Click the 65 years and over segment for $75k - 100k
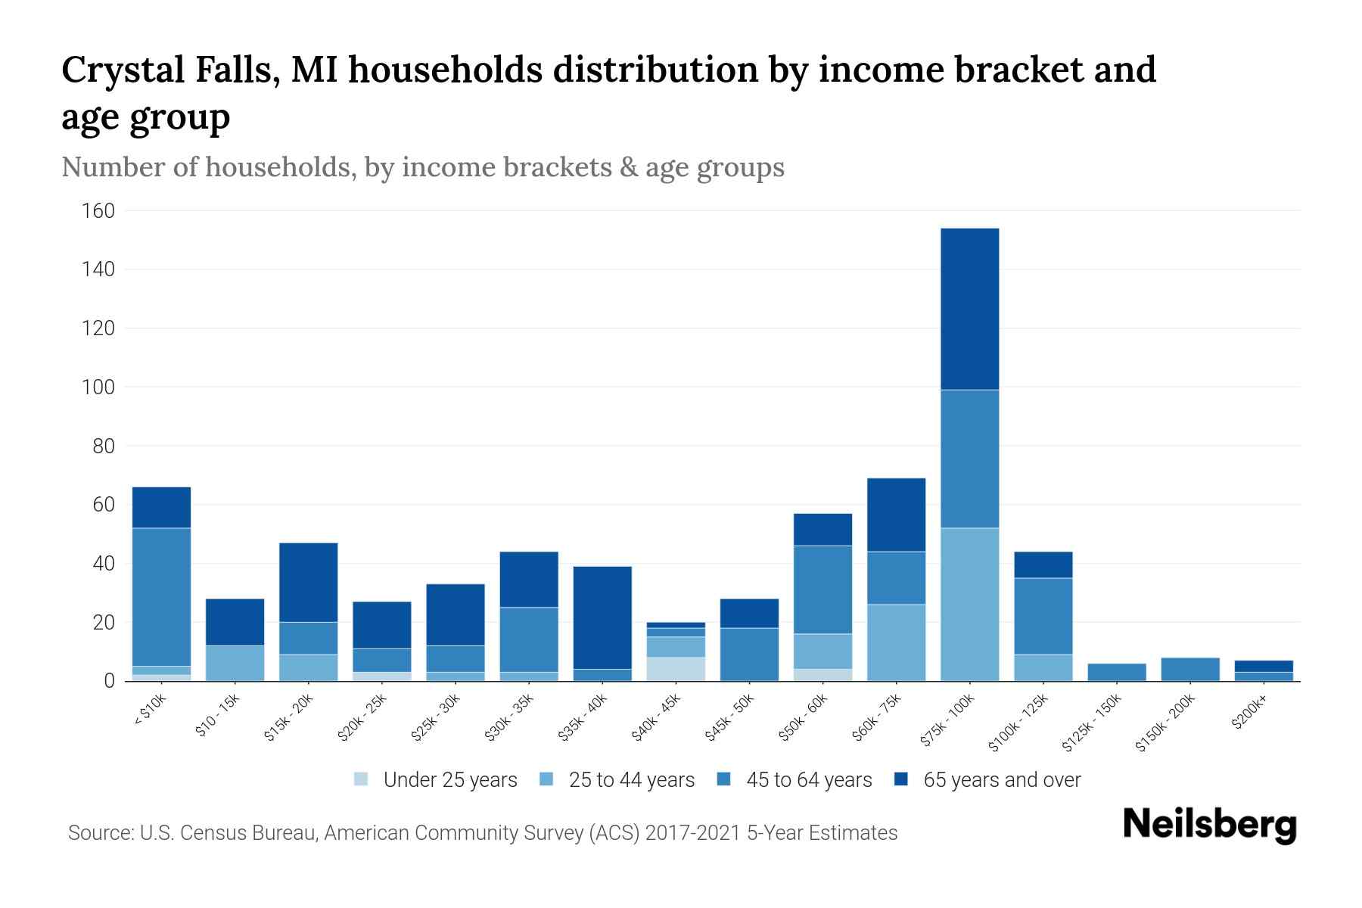click(x=969, y=309)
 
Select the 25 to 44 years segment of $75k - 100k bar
click(x=969, y=604)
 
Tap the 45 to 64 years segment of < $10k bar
click(x=161, y=596)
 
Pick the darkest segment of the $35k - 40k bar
click(x=602, y=617)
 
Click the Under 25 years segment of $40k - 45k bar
click(x=676, y=669)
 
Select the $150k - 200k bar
click(x=1189, y=670)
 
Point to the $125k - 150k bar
click(x=1116, y=673)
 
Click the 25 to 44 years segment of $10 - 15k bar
click(x=235, y=663)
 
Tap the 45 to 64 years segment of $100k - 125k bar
click(x=1043, y=616)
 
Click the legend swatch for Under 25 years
click(x=362, y=779)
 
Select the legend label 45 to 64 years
click(x=809, y=779)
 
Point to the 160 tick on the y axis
click(x=98, y=210)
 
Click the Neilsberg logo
click(x=1209, y=824)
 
